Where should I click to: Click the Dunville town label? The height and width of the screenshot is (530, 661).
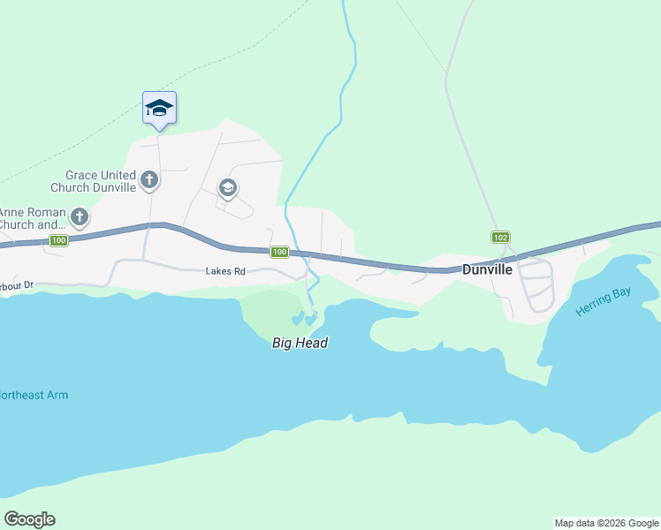point(487,269)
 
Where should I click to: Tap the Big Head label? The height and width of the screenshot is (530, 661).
point(300,343)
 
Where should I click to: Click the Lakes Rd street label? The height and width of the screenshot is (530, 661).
point(225,272)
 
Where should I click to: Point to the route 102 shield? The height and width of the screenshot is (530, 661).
point(500,237)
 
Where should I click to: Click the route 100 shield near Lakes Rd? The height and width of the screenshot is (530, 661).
point(279,253)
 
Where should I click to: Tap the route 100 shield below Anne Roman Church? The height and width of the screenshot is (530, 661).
point(58,240)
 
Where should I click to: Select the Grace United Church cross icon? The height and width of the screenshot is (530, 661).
point(149,180)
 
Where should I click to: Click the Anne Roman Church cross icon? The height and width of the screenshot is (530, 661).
point(80,216)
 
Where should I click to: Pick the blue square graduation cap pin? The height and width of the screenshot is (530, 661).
point(159,108)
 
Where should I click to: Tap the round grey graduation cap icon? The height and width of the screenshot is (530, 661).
point(227,187)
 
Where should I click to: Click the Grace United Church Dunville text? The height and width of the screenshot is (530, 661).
point(101,181)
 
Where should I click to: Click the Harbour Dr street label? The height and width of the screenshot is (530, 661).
point(16,285)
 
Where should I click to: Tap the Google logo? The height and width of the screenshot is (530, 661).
point(29,519)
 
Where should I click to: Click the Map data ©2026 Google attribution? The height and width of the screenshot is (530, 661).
point(606,523)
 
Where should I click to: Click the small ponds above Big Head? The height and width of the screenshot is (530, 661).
point(303,317)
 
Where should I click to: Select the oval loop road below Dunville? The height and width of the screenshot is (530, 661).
point(536,284)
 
